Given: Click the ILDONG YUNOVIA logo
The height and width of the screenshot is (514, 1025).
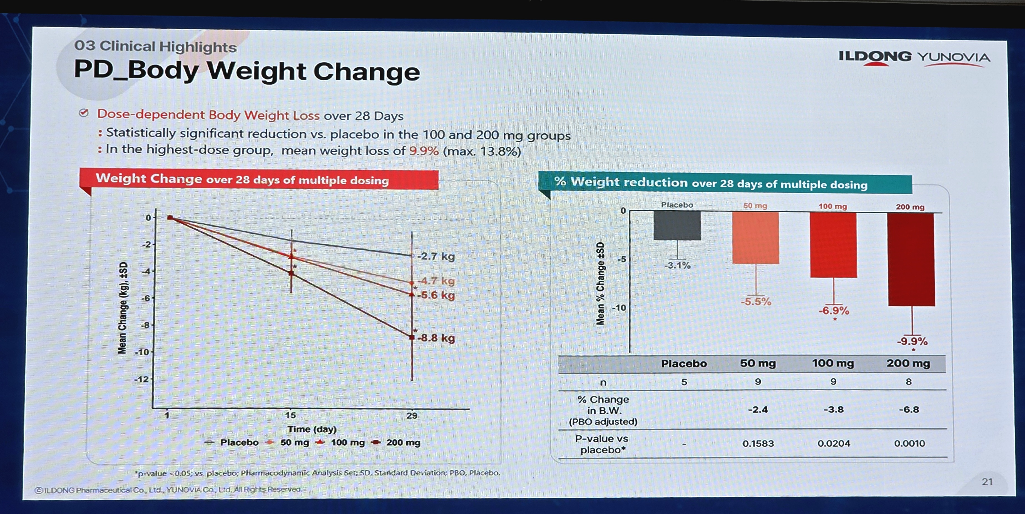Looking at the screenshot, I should tap(914, 58).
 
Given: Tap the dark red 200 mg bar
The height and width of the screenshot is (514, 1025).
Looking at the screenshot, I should tap(911, 260).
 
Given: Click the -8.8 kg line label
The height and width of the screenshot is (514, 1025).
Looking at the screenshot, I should tap(436, 338).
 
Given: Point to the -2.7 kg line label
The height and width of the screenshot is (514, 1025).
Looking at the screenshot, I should tap(436, 256).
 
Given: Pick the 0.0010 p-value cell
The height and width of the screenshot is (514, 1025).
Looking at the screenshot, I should tap(909, 443).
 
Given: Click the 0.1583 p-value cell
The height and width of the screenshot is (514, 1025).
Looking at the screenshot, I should tap(758, 443).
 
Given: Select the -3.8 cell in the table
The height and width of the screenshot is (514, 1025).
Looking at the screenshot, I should tap(833, 409).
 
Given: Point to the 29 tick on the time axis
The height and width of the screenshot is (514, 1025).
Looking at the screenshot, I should tap(412, 416).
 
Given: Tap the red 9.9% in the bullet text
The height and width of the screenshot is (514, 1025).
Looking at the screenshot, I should tap(424, 151).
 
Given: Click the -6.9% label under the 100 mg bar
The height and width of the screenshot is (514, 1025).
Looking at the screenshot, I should tap(834, 311).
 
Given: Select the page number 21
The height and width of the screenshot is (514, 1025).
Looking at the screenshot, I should tap(987, 482).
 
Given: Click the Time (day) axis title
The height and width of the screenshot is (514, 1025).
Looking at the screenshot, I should tap(312, 429).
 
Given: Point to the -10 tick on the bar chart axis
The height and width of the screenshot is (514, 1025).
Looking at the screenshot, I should tap(619, 308).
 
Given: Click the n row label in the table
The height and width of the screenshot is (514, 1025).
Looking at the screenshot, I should tap(603, 383).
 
